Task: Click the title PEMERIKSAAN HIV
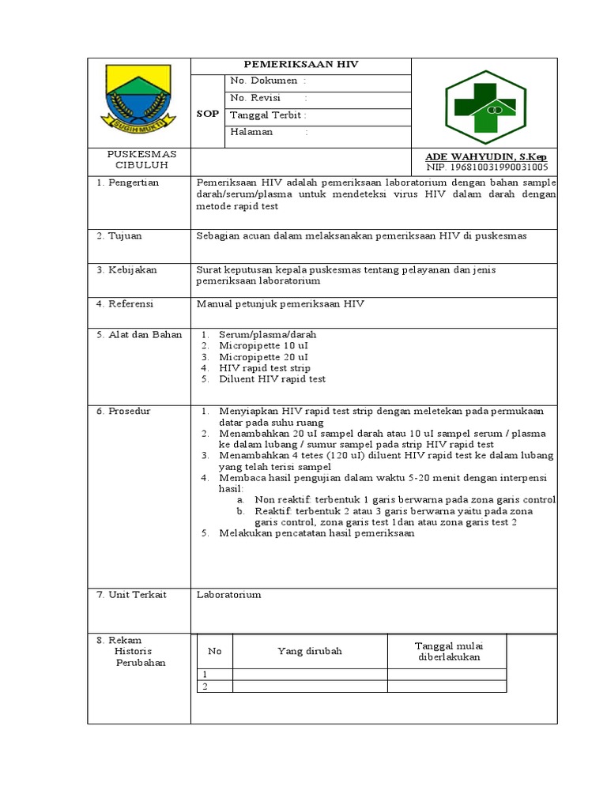coord(300,65)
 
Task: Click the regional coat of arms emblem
coord(138,99)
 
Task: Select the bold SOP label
coord(207,114)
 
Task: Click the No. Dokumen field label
coord(263,81)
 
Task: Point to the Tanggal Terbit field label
coord(266,115)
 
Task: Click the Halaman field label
coord(251,132)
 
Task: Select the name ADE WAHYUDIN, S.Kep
coord(491,157)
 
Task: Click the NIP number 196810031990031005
coord(487,167)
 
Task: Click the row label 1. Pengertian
coord(128,182)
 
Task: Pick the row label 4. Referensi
coord(125,303)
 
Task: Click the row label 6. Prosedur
coord(124,412)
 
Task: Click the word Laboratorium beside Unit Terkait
coord(228,595)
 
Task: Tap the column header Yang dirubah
coord(310,651)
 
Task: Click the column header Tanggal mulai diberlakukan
coord(447,651)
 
